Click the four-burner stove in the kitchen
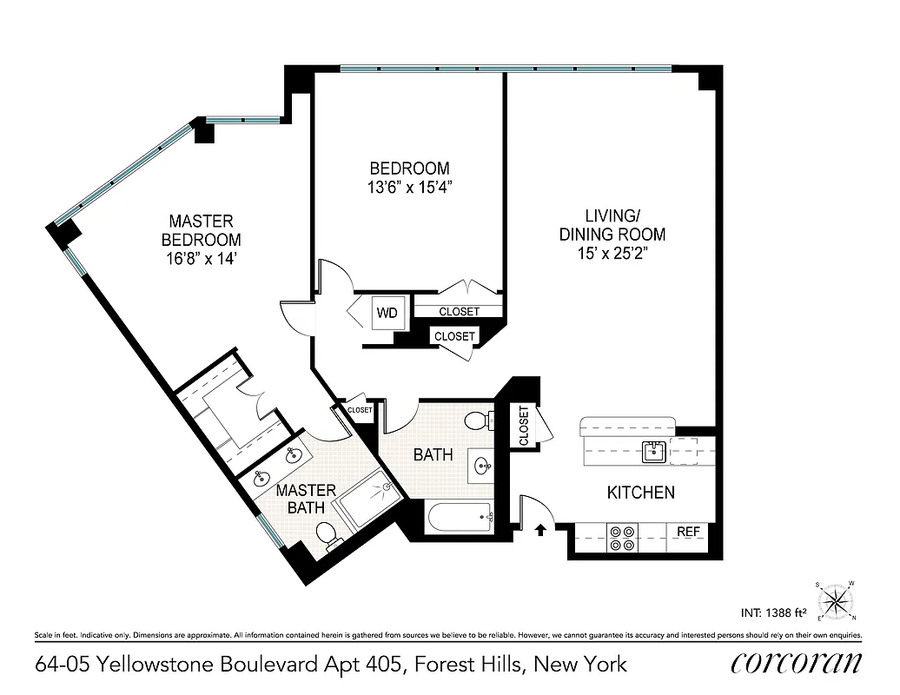point(622,539)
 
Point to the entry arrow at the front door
point(539,528)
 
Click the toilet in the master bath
point(328,536)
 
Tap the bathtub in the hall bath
point(460,520)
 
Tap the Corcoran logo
point(797,663)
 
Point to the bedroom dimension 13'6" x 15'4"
point(409,186)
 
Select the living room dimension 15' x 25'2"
point(612,253)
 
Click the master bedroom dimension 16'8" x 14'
point(201,258)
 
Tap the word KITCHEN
point(640,493)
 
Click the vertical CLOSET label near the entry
point(524,427)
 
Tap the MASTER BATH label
point(306,500)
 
